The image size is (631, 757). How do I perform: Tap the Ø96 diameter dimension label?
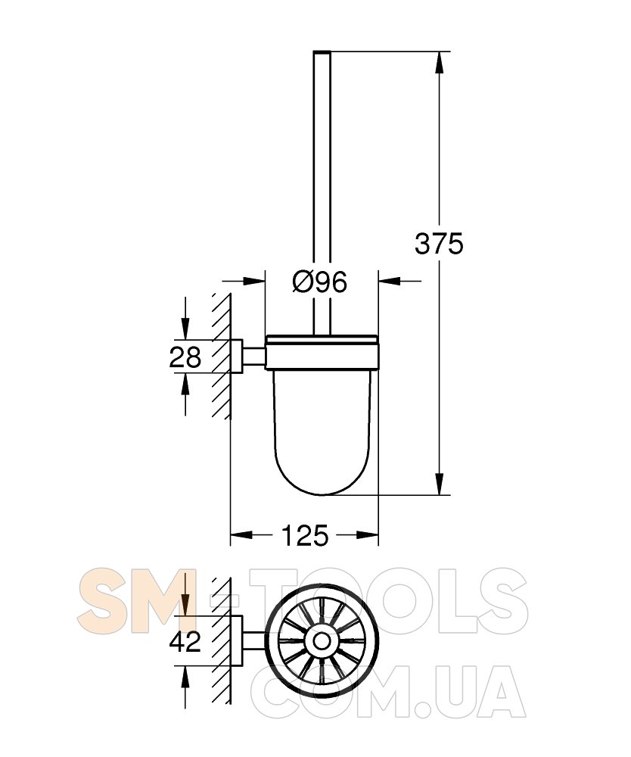click(x=320, y=282)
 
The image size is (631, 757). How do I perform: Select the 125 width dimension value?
click(x=304, y=535)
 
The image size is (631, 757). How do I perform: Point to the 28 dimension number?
click(x=185, y=358)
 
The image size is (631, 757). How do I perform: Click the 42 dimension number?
click(x=185, y=642)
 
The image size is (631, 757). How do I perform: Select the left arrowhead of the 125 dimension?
click(x=241, y=534)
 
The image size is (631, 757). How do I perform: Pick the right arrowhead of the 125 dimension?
click(x=367, y=534)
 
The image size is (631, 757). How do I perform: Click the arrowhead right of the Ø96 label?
click(x=390, y=281)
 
